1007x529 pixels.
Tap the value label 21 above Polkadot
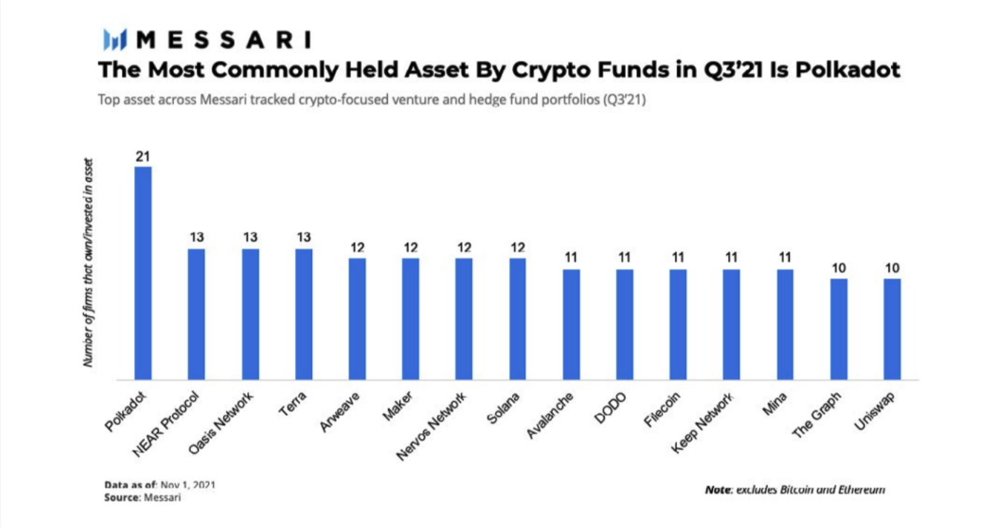pyautogui.click(x=143, y=157)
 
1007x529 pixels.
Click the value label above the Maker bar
pyautogui.click(x=411, y=247)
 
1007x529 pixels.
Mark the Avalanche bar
pyautogui.click(x=571, y=324)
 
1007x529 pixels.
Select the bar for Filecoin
pyautogui.click(x=678, y=324)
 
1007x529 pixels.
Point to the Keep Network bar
pyautogui.click(x=731, y=324)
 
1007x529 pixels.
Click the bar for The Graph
pyautogui.click(x=838, y=328)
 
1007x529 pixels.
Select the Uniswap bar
pyautogui.click(x=892, y=328)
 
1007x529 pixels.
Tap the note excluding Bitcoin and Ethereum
pyautogui.click(x=794, y=490)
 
